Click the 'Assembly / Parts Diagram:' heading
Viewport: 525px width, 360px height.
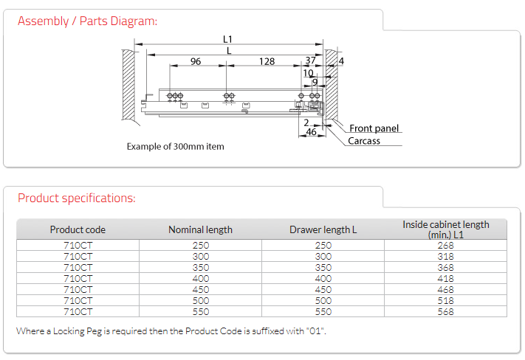[87, 21]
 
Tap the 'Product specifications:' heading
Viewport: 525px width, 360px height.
[77, 198]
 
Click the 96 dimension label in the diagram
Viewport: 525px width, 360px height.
[196, 61]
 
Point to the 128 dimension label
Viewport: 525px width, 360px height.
[267, 61]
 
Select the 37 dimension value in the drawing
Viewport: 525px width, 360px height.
[310, 60]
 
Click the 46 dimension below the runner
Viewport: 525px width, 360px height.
[312, 132]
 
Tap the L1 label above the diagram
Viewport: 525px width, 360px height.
[227, 40]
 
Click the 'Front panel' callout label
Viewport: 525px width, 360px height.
[374, 128]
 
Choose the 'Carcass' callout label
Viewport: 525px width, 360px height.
[364, 141]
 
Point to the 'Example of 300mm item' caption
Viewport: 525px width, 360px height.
[176, 147]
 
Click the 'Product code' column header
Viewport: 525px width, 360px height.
[78, 229]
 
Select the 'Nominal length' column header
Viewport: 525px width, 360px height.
[200, 229]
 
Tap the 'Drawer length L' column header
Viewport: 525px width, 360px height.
[323, 229]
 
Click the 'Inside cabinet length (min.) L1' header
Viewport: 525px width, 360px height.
[446, 229]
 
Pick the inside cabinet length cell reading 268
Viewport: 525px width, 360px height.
[446, 245]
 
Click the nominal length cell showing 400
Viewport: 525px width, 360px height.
[201, 278]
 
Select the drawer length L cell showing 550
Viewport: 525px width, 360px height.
[323, 311]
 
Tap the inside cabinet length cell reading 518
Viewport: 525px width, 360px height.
[446, 300]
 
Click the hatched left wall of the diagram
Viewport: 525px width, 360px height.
[128, 84]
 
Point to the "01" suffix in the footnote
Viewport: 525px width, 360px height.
[315, 331]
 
